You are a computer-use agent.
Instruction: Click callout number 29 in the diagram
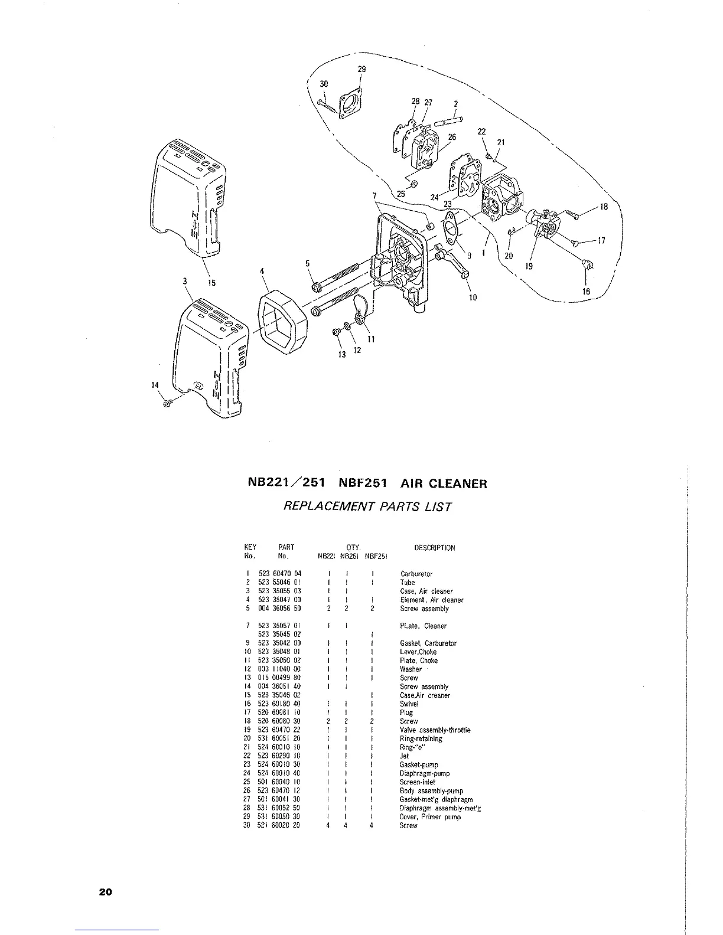[x=362, y=69]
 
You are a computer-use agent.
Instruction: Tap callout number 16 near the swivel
[x=586, y=292]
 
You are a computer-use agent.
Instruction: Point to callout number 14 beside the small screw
[x=155, y=385]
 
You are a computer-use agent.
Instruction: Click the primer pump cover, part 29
[x=351, y=104]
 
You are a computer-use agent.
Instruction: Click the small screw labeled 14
[x=168, y=403]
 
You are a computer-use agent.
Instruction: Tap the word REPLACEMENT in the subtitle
[x=322, y=506]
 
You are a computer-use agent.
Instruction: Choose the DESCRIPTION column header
[x=435, y=548]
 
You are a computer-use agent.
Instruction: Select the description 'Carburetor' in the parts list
[x=416, y=574]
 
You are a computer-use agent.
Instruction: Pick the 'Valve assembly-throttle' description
[x=435, y=730]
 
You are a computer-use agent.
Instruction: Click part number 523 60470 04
[x=280, y=574]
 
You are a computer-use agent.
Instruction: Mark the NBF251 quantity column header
[x=375, y=556]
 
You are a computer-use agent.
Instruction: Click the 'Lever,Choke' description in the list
[x=418, y=652]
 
